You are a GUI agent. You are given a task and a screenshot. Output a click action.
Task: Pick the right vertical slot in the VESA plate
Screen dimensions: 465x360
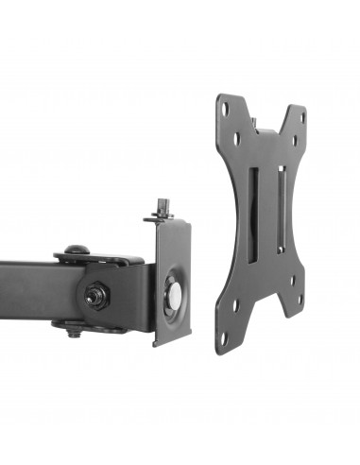point(280,207)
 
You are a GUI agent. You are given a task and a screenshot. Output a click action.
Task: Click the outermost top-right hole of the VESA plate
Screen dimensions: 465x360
point(301,117)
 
